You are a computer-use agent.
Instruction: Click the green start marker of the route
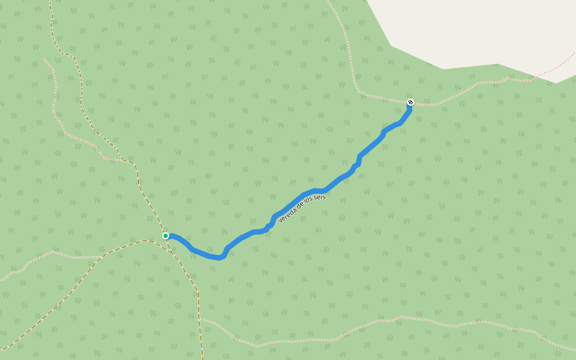pos(166,236)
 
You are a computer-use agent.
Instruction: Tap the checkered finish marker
pos(410,102)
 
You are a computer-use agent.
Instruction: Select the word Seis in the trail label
pos(319,197)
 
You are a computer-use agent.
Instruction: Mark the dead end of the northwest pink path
pos(44,58)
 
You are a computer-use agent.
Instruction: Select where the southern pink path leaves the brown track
pos(199,318)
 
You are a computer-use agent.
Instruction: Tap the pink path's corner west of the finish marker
pos(360,94)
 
